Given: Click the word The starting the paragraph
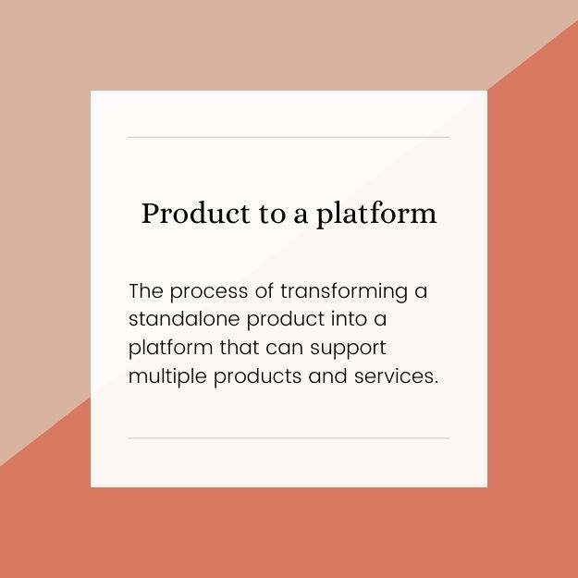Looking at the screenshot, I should point(146,291).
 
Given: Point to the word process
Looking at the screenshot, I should point(209,293).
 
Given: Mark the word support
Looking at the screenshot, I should point(352,350).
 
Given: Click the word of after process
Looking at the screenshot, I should point(265,291).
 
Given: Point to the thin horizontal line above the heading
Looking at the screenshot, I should point(289,137).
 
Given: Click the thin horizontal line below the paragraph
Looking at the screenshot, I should point(289,437).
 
